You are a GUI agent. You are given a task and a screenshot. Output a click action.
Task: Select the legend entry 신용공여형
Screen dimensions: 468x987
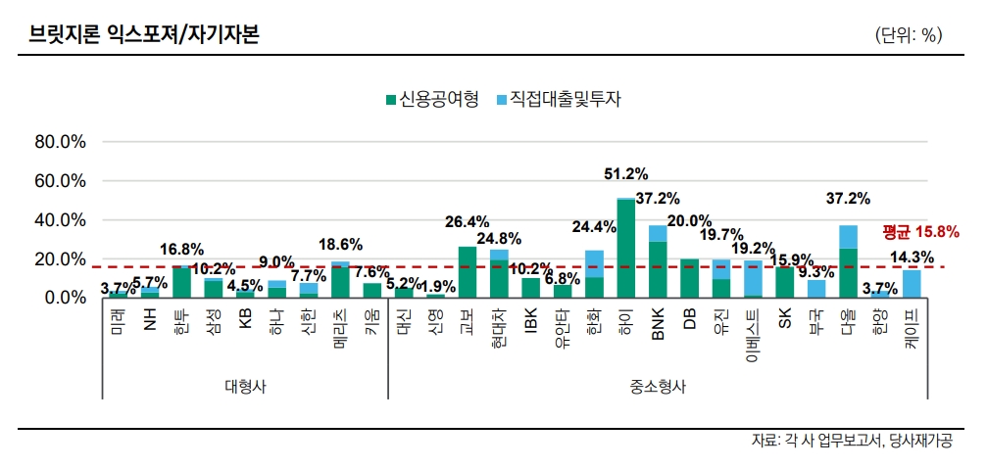[432, 99]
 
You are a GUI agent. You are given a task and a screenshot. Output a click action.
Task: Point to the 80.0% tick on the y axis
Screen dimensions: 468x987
[61, 142]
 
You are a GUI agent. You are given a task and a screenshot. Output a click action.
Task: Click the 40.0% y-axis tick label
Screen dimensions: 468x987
[61, 220]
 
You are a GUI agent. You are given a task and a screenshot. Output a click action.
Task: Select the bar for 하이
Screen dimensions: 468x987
[625, 249]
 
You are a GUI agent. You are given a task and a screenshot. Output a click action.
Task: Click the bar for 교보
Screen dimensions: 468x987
[468, 272]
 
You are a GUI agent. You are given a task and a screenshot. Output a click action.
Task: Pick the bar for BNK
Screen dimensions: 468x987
[658, 261]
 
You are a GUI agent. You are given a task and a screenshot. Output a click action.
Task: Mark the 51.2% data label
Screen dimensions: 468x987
[625, 174]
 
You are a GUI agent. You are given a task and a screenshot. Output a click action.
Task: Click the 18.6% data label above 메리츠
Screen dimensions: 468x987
[340, 244]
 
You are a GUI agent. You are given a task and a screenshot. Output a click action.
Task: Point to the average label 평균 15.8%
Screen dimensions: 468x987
[919, 232]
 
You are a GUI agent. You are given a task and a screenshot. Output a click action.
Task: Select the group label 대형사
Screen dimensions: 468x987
[244, 386]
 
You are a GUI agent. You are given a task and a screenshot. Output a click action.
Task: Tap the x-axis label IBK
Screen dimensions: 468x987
[530, 320]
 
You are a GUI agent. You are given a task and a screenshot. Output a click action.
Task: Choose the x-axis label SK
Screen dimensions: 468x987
[783, 317]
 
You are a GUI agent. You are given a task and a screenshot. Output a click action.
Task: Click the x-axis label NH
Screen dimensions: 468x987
[150, 318]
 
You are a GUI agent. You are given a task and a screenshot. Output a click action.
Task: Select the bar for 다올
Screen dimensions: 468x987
[848, 261]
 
